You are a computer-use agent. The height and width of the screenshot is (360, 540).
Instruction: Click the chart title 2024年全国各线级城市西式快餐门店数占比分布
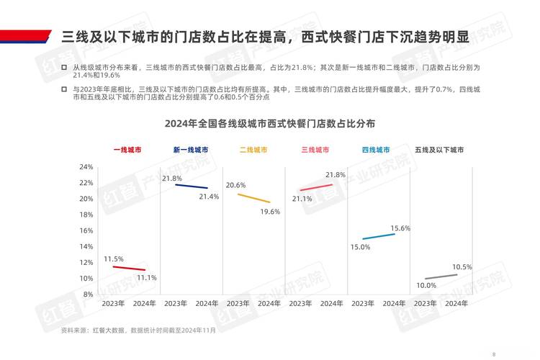point(270,124)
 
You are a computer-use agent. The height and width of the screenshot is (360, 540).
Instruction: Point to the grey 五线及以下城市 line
point(441,276)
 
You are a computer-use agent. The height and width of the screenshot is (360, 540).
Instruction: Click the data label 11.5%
point(114,258)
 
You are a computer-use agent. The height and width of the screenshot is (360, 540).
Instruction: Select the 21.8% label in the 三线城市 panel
point(335,175)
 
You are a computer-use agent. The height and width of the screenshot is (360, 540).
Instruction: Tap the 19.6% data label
point(270,212)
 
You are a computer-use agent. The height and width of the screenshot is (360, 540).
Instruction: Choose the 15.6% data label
point(400,228)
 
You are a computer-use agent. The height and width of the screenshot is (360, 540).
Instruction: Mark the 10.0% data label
point(426,285)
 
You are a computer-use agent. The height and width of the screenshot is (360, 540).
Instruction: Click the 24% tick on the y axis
point(86,167)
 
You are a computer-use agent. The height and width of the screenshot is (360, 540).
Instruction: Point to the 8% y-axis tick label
point(89,294)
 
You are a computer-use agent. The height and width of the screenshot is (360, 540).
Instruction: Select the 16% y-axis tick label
point(86,231)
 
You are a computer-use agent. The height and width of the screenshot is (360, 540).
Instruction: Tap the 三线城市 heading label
point(315,150)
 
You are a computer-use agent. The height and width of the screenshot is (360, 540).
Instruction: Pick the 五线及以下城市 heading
point(439,150)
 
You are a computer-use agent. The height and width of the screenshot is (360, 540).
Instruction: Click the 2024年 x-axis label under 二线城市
point(269,303)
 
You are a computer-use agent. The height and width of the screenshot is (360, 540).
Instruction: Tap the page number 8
point(494,354)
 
